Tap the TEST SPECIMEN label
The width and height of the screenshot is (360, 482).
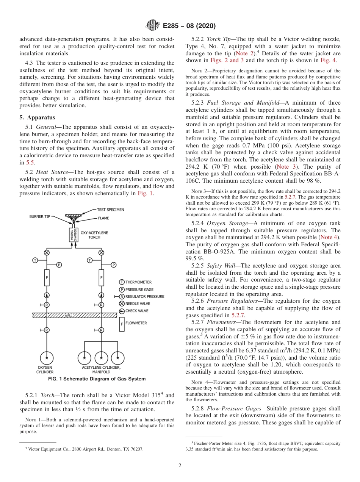(110, 210)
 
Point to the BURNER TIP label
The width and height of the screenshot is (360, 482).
(39, 216)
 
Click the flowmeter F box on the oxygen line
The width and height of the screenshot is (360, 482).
(47, 277)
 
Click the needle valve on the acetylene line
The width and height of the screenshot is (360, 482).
(101, 252)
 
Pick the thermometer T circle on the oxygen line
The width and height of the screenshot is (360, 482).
(35, 260)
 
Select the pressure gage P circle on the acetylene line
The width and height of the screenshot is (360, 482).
(114, 264)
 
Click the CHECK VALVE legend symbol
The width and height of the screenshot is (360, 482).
(122, 311)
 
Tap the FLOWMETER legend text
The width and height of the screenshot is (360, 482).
(136, 323)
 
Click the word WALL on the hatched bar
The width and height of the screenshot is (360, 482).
(68, 315)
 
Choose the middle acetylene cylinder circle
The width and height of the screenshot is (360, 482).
(101, 358)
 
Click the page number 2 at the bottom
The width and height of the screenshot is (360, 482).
(180, 466)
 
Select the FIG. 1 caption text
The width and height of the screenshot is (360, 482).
(97, 379)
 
